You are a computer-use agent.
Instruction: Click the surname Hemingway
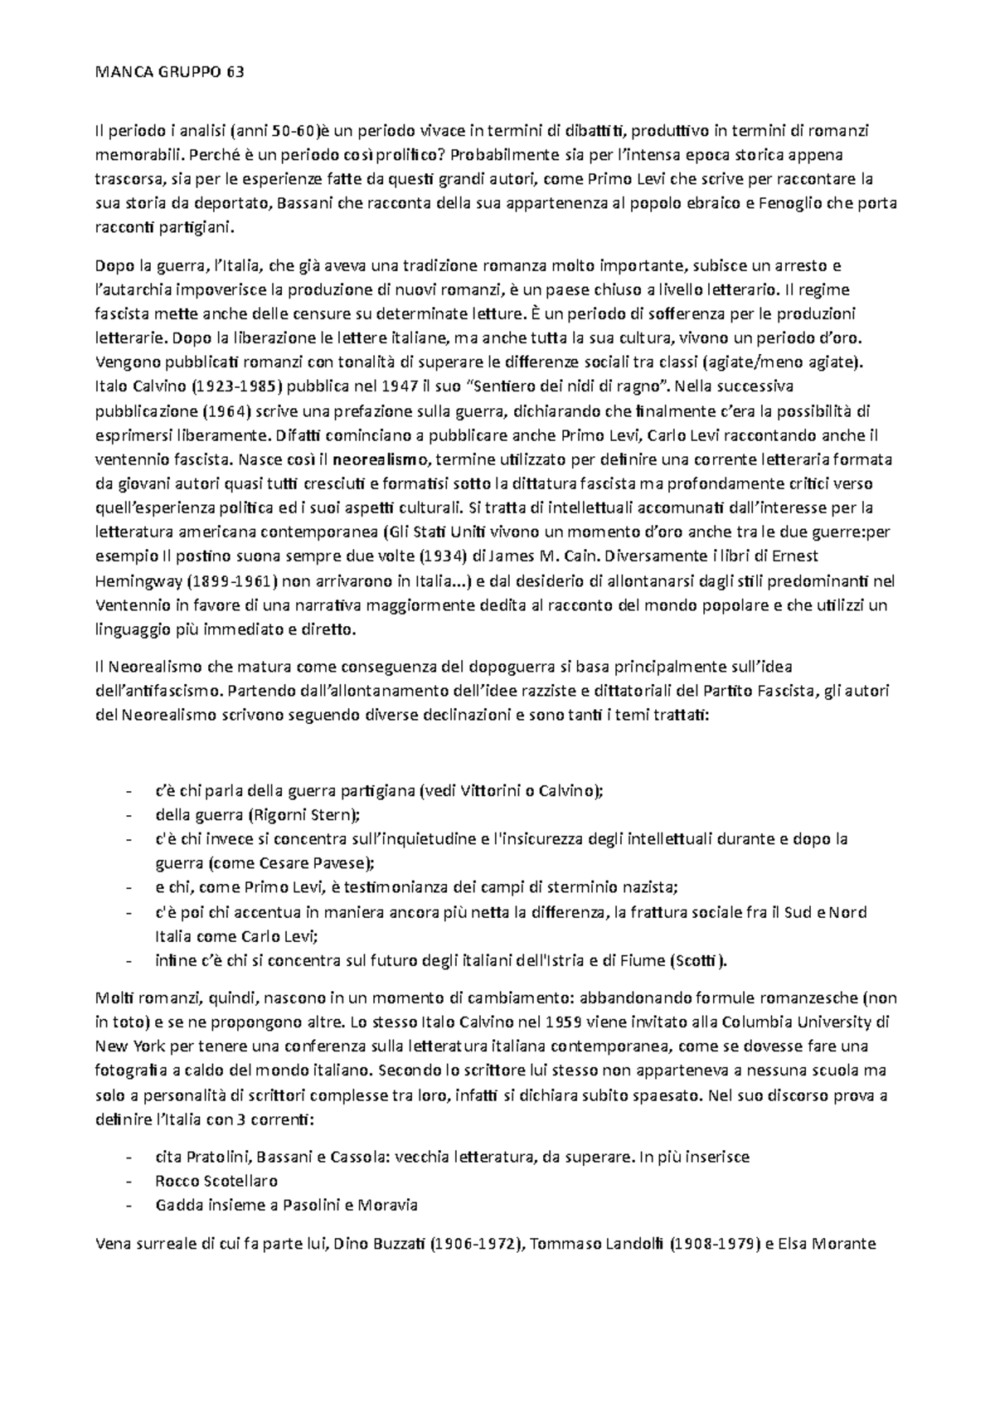pyautogui.click(x=138, y=580)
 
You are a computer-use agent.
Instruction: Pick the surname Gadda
pyautogui.click(x=177, y=1205)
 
